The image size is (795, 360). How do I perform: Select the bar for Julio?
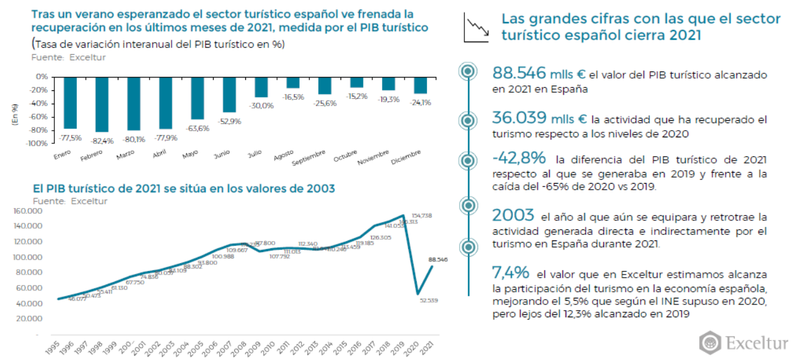261,87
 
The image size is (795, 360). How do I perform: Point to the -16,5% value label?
293,97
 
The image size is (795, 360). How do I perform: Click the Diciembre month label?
406,157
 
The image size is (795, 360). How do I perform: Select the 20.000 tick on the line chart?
28,319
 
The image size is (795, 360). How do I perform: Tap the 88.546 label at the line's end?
437,260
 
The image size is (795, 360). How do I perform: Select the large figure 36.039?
519,119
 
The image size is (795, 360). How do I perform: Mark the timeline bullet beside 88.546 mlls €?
468,72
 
